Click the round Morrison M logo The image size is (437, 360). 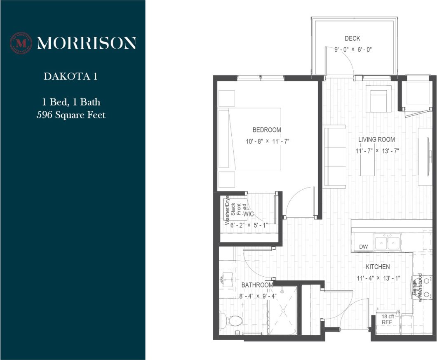(x=21, y=43)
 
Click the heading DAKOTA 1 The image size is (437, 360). (x=70, y=76)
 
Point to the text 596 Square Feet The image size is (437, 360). (x=71, y=115)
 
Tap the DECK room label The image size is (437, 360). (x=352, y=39)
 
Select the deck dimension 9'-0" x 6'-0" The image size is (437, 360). (x=353, y=49)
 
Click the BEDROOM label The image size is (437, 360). (x=267, y=130)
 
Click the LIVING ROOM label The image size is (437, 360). (x=376, y=139)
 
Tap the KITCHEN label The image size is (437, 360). (x=378, y=267)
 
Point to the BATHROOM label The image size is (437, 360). (x=257, y=285)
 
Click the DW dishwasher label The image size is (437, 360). (x=363, y=247)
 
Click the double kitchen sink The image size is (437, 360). (x=388, y=242)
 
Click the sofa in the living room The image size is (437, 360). (x=334, y=157)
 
